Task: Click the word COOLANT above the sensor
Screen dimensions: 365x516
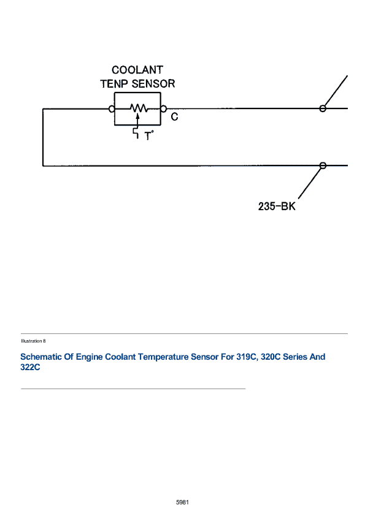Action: pos(137,70)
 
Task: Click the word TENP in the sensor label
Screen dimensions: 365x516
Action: pos(114,83)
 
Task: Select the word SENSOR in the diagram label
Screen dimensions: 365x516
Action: pos(153,83)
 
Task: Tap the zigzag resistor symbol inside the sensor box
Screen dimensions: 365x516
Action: pos(139,108)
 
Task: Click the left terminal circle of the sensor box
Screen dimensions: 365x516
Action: pos(112,108)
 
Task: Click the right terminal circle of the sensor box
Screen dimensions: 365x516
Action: pos(163,108)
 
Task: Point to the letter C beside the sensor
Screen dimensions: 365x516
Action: pos(174,116)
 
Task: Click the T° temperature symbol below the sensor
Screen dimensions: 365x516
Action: pos(149,135)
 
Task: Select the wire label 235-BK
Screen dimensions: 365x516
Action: pos(277,207)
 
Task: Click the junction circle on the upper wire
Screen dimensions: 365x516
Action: pos(323,108)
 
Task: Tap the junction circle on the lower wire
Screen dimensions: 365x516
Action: pos(323,165)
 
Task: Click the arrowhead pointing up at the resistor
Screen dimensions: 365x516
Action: pos(137,116)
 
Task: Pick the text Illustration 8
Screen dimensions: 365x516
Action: pos(33,341)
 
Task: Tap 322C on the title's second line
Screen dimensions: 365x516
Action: pos(30,367)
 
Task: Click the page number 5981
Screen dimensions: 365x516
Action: pos(183,502)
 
